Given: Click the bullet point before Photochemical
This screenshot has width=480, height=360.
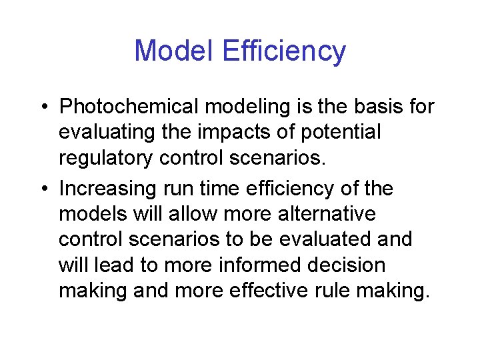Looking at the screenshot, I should tap(42, 107).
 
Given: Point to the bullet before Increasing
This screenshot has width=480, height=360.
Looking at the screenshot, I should tap(42, 189).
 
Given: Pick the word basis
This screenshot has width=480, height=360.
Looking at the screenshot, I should tap(372, 107).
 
